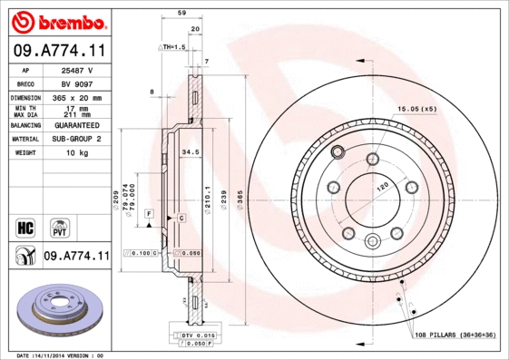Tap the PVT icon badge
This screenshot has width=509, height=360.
coord(58,226)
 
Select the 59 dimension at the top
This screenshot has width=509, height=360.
coord(181,13)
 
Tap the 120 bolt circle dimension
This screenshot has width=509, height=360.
coord(382,186)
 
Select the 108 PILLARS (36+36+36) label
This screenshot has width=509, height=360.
coord(457,335)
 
